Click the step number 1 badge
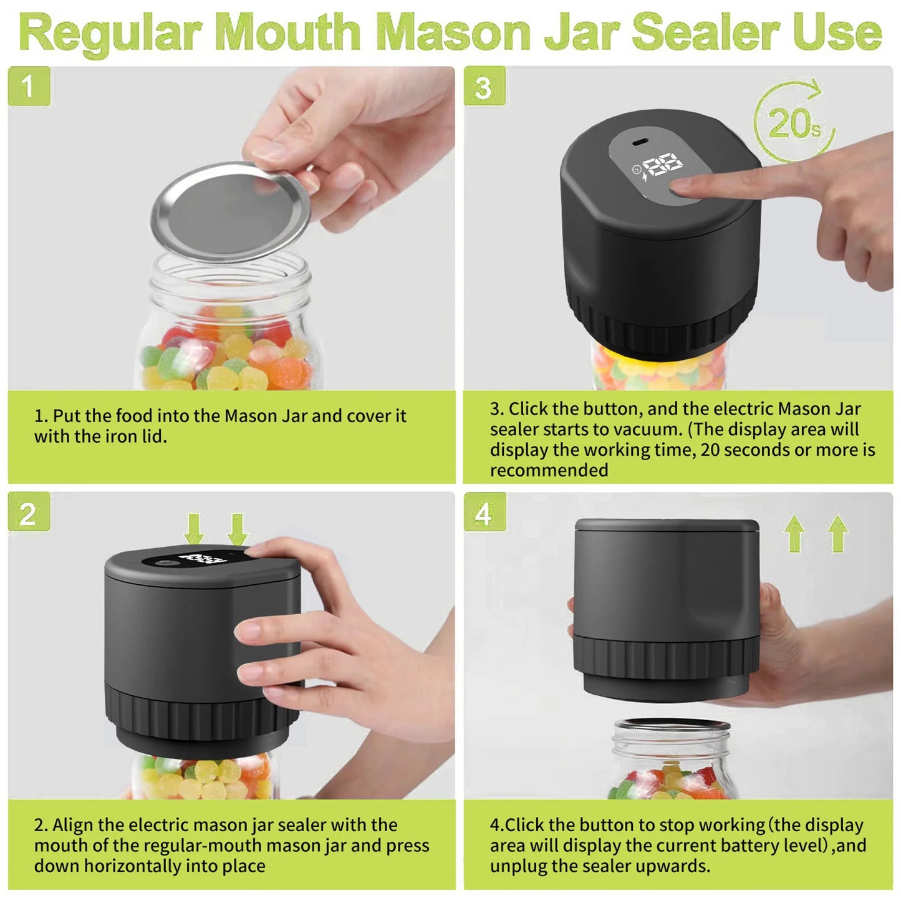[x=29, y=86]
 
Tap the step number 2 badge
[x=29, y=513]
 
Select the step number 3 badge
[x=484, y=87]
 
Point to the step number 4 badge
[x=484, y=513]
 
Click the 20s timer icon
[x=794, y=123]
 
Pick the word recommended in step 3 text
[x=549, y=470]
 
